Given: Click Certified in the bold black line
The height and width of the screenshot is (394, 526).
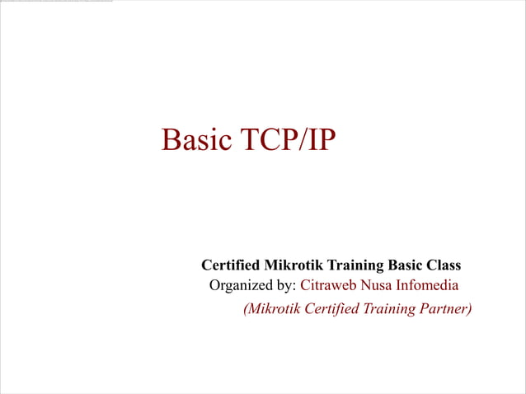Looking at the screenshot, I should click(230, 265).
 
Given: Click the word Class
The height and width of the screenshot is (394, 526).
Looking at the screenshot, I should click(444, 265).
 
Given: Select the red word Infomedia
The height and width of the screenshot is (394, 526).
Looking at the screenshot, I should click(429, 286).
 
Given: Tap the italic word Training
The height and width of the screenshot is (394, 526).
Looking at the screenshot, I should click(386, 309).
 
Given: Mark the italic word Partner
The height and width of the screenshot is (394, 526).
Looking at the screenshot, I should click(442, 309).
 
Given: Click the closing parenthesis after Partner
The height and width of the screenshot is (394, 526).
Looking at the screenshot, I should click(469, 309).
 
